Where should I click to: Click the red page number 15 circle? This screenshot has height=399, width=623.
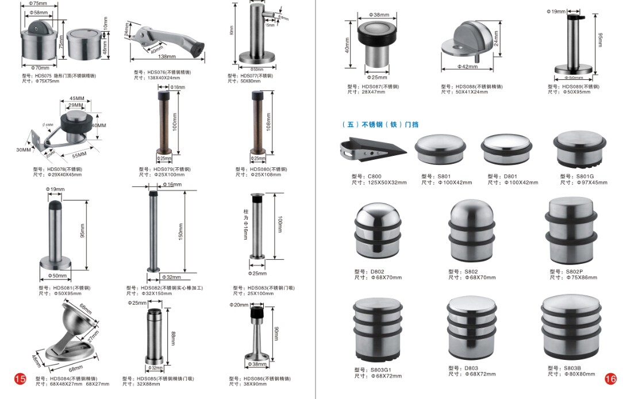[x=20, y=378]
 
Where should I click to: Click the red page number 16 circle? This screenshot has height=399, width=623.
[x=610, y=378]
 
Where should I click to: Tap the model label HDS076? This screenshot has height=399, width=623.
[x=163, y=72]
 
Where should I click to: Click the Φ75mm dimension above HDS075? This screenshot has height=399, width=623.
[x=39, y=3]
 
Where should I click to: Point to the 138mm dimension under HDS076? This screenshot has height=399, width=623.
[x=166, y=57]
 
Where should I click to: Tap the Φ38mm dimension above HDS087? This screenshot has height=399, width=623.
[x=379, y=14]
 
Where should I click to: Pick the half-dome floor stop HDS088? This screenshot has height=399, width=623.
[x=468, y=41]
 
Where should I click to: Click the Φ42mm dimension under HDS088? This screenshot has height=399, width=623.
[x=467, y=67]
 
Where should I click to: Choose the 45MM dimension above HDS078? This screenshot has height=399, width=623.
[x=76, y=98]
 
